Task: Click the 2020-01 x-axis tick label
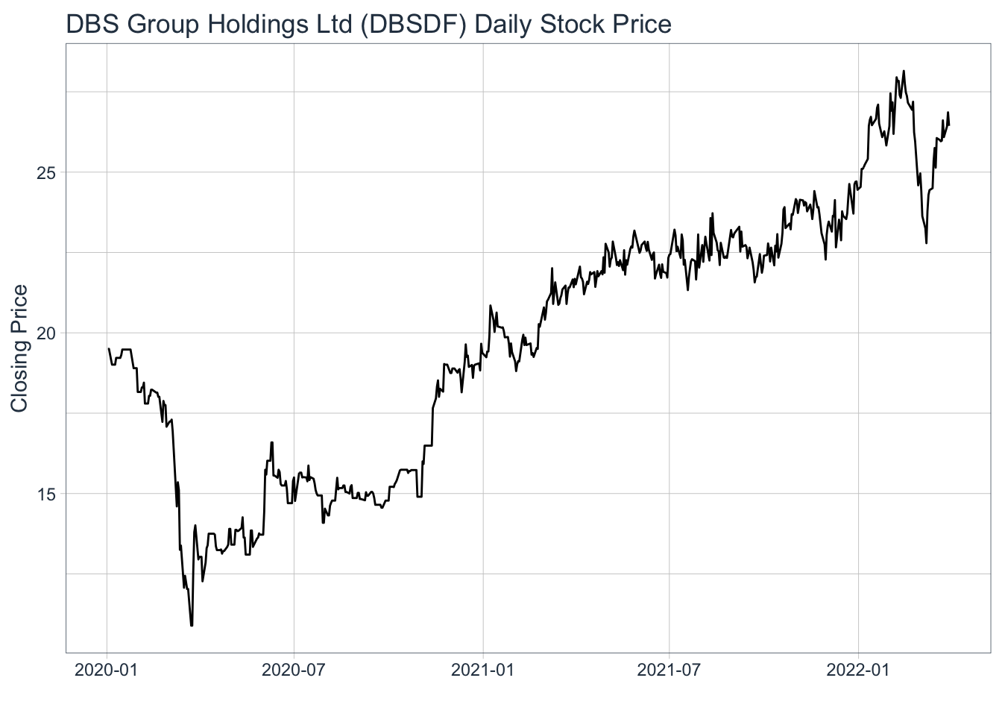click(x=107, y=669)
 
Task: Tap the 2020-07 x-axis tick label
click(x=294, y=669)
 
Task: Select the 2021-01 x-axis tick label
click(x=482, y=669)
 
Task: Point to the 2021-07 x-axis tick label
click(x=669, y=669)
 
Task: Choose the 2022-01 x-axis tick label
click(x=858, y=669)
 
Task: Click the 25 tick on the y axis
click(x=47, y=172)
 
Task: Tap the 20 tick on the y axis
click(x=47, y=333)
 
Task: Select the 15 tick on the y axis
click(x=47, y=494)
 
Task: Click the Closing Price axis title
click(x=19, y=348)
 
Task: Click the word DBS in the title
click(x=92, y=25)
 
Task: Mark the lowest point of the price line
click(x=192, y=625)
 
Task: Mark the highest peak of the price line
click(x=904, y=72)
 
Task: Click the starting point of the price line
click(x=109, y=348)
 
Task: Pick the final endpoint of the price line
click(x=948, y=125)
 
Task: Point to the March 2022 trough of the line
click(x=927, y=242)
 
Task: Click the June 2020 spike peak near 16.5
click(x=272, y=442)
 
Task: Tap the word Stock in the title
click(x=573, y=25)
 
